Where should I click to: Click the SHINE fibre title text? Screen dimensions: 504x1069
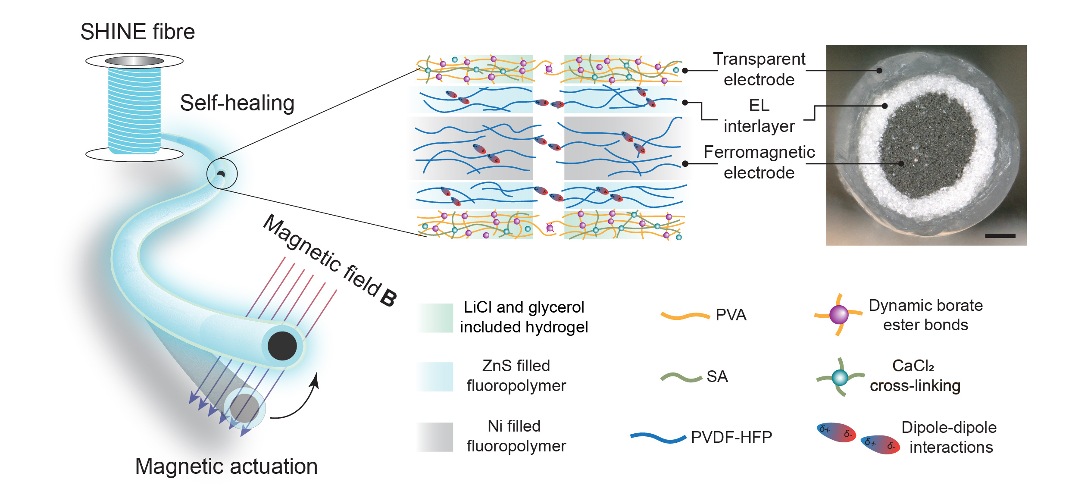(138, 32)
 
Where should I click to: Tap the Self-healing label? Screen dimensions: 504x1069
(237, 103)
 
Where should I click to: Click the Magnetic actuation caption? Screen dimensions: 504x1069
(226, 466)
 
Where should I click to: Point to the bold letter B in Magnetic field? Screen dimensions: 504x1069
(388, 297)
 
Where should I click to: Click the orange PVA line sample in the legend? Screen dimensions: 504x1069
(685, 316)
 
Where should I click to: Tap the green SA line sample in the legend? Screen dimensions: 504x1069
(681, 378)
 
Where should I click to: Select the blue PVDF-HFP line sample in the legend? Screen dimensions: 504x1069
(658, 438)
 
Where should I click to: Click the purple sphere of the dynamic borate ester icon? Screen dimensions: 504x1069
(839, 315)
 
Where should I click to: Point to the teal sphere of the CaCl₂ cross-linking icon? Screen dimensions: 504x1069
(840, 378)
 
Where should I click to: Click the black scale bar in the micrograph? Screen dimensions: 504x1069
(1000, 236)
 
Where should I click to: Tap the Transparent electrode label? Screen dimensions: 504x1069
(759, 69)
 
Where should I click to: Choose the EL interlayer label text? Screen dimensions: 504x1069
(759, 116)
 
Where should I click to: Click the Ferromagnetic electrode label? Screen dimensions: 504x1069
(759, 162)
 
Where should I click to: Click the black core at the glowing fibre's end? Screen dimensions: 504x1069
(282, 346)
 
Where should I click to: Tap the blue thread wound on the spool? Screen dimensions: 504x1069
(134, 110)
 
